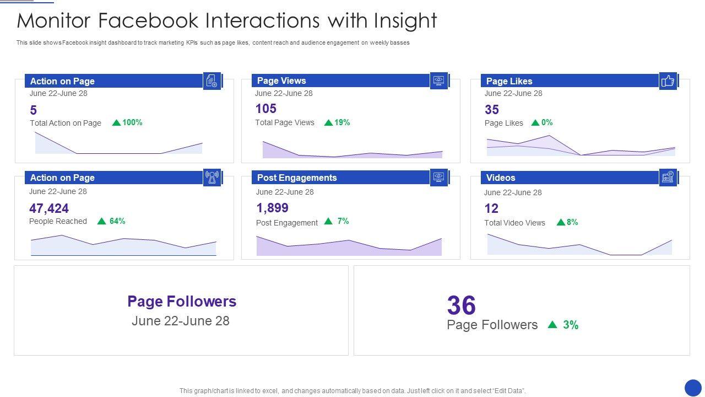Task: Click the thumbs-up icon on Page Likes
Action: click(x=668, y=81)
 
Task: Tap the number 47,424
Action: click(x=49, y=208)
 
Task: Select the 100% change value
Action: click(x=132, y=122)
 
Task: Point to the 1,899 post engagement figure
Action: click(x=273, y=208)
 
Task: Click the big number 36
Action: click(x=462, y=305)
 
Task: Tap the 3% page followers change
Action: click(x=571, y=325)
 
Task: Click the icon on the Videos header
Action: click(x=668, y=178)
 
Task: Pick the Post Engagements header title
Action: click(x=297, y=178)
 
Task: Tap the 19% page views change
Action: click(x=342, y=122)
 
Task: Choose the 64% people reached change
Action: click(x=117, y=221)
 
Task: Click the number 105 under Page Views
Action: click(x=266, y=109)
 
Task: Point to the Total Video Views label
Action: click(x=514, y=223)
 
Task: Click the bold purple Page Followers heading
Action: click(x=182, y=301)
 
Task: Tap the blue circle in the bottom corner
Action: click(x=693, y=387)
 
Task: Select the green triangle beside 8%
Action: click(x=561, y=222)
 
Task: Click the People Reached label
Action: click(x=58, y=221)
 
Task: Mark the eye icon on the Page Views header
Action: click(x=438, y=81)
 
